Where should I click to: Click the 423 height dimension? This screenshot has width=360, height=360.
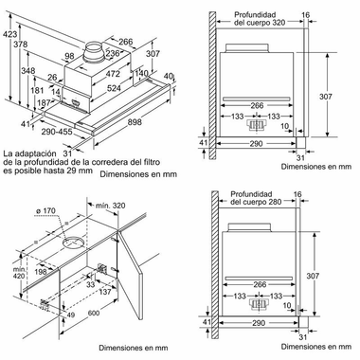(9, 33)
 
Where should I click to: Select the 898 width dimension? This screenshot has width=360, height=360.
(135, 121)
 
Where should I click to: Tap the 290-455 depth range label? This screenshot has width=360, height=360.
(57, 131)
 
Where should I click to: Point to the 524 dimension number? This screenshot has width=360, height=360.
(114, 88)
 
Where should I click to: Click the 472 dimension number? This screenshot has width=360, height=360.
(113, 74)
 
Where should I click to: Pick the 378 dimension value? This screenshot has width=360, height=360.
(21, 45)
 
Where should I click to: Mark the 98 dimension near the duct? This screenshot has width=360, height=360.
(69, 56)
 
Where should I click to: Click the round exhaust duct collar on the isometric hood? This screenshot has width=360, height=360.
(94, 51)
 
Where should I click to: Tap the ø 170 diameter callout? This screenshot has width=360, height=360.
(46, 210)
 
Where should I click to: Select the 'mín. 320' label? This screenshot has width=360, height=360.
(111, 206)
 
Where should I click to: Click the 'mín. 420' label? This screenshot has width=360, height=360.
(18, 273)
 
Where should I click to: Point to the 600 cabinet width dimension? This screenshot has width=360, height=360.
(94, 313)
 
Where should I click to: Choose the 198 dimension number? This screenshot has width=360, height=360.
(41, 272)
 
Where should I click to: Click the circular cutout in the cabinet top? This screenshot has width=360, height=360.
(74, 243)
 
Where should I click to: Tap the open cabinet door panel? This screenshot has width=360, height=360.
(130, 274)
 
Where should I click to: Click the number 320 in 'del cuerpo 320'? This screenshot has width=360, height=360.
(278, 23)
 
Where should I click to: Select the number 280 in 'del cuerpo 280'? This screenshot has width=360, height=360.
(274, 202)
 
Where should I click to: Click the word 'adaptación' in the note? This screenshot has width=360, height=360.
(40, 154)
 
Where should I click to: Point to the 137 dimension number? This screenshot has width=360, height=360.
(104, 292)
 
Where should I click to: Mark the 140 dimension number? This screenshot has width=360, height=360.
(141, 74)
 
